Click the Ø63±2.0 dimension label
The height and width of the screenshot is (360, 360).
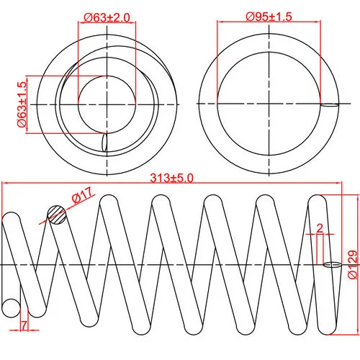(107, 17)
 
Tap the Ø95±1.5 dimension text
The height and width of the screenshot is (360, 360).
(269, 17)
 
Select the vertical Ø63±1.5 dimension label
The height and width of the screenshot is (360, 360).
(22, 104)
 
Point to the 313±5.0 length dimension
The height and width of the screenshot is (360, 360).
(171, 178)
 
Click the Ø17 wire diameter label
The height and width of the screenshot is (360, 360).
(82, 195)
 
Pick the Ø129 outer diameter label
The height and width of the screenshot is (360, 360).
(353, 264)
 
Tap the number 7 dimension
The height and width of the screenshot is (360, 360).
(24, 325)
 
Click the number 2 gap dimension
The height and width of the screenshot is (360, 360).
(320, 228)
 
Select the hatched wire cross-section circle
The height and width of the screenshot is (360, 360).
(57, 215)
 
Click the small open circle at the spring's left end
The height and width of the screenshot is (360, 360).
(11, 308)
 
